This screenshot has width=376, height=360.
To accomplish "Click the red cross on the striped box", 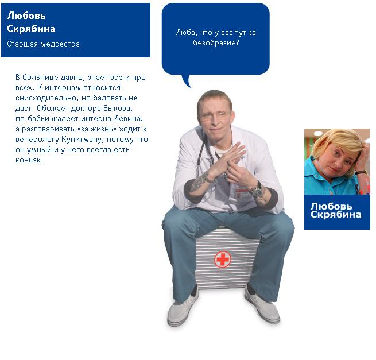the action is click(223, 260).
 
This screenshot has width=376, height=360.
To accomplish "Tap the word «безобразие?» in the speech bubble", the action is click(216, 43).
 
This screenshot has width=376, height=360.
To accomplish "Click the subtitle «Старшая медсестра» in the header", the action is click(43, 44).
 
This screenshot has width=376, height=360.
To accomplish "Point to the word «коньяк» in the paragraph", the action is click(29, 160).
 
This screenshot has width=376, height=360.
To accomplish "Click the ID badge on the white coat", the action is click(242, 194).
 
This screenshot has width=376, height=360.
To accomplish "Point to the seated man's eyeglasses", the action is click(215, 117).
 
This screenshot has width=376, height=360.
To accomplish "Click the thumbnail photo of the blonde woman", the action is click(337, 162).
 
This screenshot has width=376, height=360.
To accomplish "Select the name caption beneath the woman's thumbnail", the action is click(335, 210).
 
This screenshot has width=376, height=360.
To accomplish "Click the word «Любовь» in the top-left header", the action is click(26, 16).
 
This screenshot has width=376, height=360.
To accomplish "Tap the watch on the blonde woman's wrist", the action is click(361, 172).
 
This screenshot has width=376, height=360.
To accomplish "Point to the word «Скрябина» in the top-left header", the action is click(32, 29).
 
